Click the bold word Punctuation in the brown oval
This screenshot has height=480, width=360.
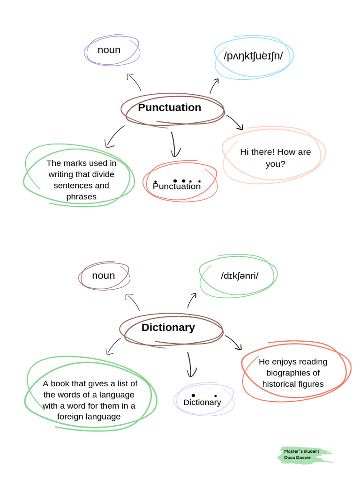(x=169, y=108)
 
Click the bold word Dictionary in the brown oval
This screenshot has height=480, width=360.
(x=168, y=328)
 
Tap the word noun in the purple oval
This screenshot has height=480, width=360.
(x=109, y=50)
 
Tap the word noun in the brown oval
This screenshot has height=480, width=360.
(x=103, y=276)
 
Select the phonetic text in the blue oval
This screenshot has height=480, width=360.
(x=253, y=56)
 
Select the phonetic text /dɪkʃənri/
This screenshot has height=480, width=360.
(x=240, y=276)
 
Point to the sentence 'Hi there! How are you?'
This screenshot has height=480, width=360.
(x=275, y=158)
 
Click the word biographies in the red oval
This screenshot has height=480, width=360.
(x=293, y=373)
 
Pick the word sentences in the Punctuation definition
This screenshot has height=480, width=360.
(x=81, y=186)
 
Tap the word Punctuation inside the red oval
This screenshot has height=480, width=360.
(x=177, y=187)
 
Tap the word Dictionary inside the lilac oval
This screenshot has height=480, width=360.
(x=202, y=402)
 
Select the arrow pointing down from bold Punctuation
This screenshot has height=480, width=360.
(x=174, y=144)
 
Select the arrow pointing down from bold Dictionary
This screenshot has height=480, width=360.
(x=190, y=365)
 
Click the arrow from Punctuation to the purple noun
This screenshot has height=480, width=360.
(x=134, y=82)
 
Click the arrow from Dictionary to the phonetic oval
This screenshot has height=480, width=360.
(x=192, y=300)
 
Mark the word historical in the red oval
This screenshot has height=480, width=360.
(x=277, y=384)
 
